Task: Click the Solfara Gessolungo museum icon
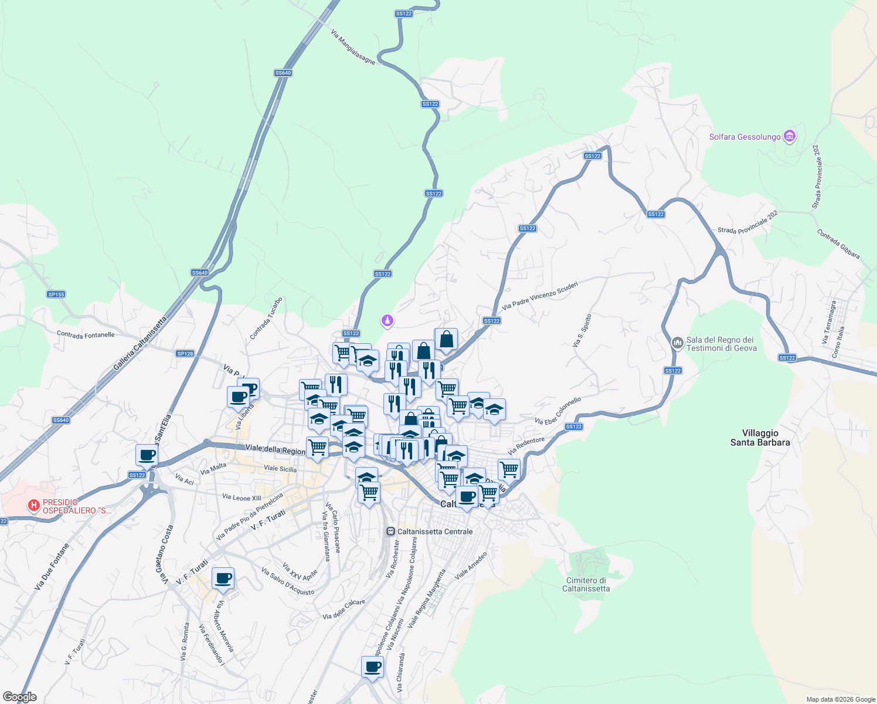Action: point(790,137)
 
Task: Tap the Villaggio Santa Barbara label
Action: point(760,438)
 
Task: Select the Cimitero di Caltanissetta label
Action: point(586,584)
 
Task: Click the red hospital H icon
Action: point(34,505)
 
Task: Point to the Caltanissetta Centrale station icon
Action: point(390,532)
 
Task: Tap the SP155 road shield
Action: point(56,295)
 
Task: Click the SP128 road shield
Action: point(185,354)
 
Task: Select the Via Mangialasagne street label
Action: point(353,48)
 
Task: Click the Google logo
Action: point(20,697)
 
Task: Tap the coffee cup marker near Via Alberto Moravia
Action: point(223,579)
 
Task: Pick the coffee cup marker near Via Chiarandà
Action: point(372,667)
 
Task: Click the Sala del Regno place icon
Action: point(677,343)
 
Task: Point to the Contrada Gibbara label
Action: point(838,244)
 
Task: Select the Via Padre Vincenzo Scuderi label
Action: point(540,295)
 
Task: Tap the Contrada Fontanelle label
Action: point(86,334)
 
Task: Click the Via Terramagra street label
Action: point(829,322)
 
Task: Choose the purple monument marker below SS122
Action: point(387,320)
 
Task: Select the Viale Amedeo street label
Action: point(471,566)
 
